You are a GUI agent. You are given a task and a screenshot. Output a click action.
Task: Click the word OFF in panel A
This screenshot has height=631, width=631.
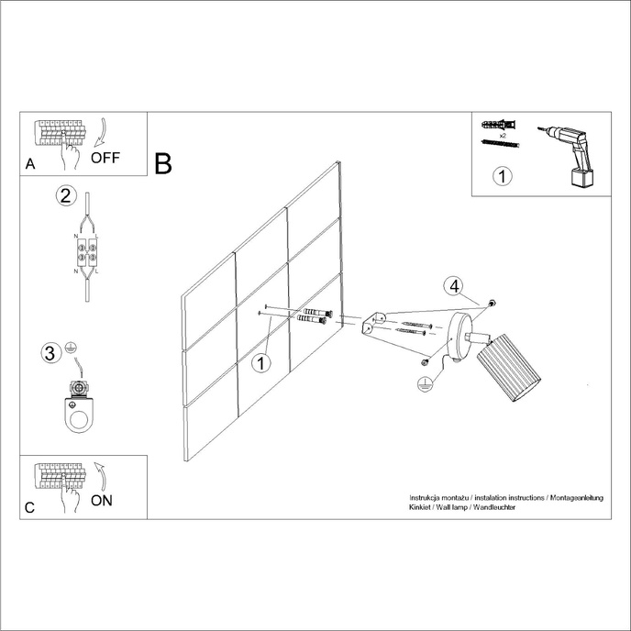(x=105, y=157)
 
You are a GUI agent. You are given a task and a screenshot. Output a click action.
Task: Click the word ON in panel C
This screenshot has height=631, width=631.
(x=102, y=501)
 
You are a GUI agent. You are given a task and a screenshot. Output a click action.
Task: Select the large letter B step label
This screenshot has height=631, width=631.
(x=163, y=164)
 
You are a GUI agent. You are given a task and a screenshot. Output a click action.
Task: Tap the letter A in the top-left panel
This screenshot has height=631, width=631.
(x=30, y=165)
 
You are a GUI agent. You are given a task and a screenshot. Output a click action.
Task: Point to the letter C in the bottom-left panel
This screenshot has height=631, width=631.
(x=30, y=507)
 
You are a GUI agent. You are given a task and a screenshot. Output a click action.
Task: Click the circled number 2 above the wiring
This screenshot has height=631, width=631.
(x=65, y=195)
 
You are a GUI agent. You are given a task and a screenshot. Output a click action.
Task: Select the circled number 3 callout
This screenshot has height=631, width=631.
(x=51, y=352)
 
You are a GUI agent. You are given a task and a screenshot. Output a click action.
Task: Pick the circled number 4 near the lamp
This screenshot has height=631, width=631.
(x=453, y=285)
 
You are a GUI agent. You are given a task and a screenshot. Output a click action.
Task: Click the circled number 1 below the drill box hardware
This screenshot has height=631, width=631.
(x=501, y=176)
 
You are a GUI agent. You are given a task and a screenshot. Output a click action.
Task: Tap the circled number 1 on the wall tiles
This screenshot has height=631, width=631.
(x=261, y=364)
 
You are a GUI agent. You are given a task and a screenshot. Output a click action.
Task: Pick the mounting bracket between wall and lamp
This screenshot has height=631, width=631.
(x=373, y=323)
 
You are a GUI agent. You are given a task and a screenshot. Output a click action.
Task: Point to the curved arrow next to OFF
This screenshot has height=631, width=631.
(x=101, y=132)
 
